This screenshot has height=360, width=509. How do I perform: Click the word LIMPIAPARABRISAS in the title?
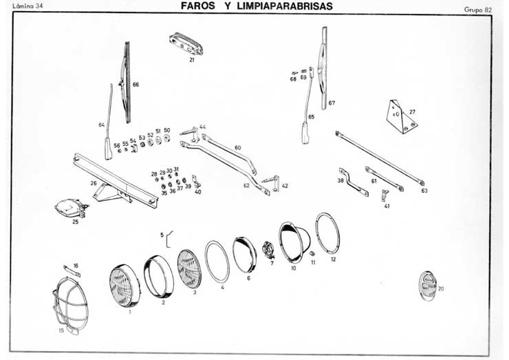click(279, 6)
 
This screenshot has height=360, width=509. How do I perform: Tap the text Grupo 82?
click(477, 10)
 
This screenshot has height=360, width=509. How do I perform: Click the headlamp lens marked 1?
click(124, 285)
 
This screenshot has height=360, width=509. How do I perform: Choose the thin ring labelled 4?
click(217, 261)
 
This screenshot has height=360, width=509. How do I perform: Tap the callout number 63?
click(424, 190)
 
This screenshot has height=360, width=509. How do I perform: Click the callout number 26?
click(94, 183)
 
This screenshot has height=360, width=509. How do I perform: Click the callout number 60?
click(237, 148)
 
